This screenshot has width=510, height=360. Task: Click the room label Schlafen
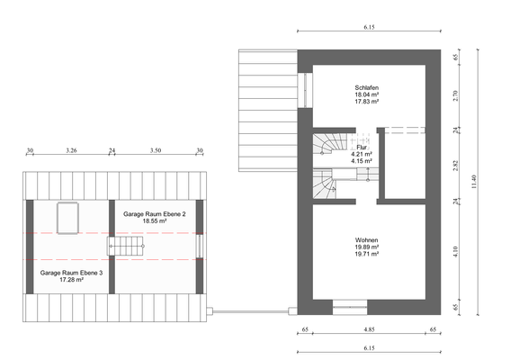tap(366, 87)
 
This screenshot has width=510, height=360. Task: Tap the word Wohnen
tap(366, 239)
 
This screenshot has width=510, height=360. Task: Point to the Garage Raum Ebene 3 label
tap(71, 272)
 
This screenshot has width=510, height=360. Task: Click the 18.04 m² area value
tap(366, 94)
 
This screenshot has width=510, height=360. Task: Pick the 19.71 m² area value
tap(366, 255)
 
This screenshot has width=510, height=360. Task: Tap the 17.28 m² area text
tap(71, 280)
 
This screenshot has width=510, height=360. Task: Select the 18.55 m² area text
tap(155, 220)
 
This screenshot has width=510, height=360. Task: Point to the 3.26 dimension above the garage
tap(71, 151)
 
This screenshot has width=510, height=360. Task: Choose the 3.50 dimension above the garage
tap(155, 151)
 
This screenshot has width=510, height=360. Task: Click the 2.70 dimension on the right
tap(455, 94)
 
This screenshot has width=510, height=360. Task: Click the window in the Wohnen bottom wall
tap(350, 308)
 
